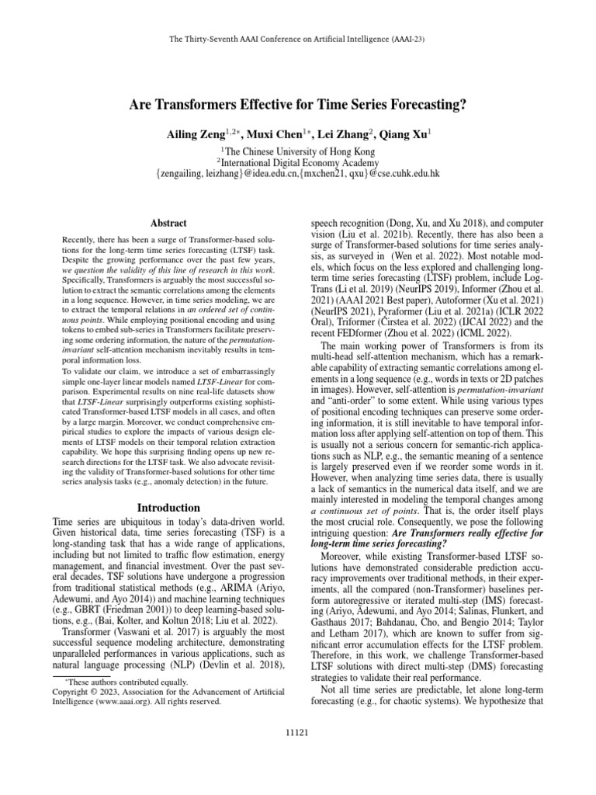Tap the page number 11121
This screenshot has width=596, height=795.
pyautogui.click(x=298, y=732)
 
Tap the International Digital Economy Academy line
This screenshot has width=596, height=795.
pyautogui.click(x=299, y=162)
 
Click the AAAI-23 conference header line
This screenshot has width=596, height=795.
pyautogui.click(x=298, y=37)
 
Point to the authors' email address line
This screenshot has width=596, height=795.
pyautogui.click(x=298, y=175)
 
